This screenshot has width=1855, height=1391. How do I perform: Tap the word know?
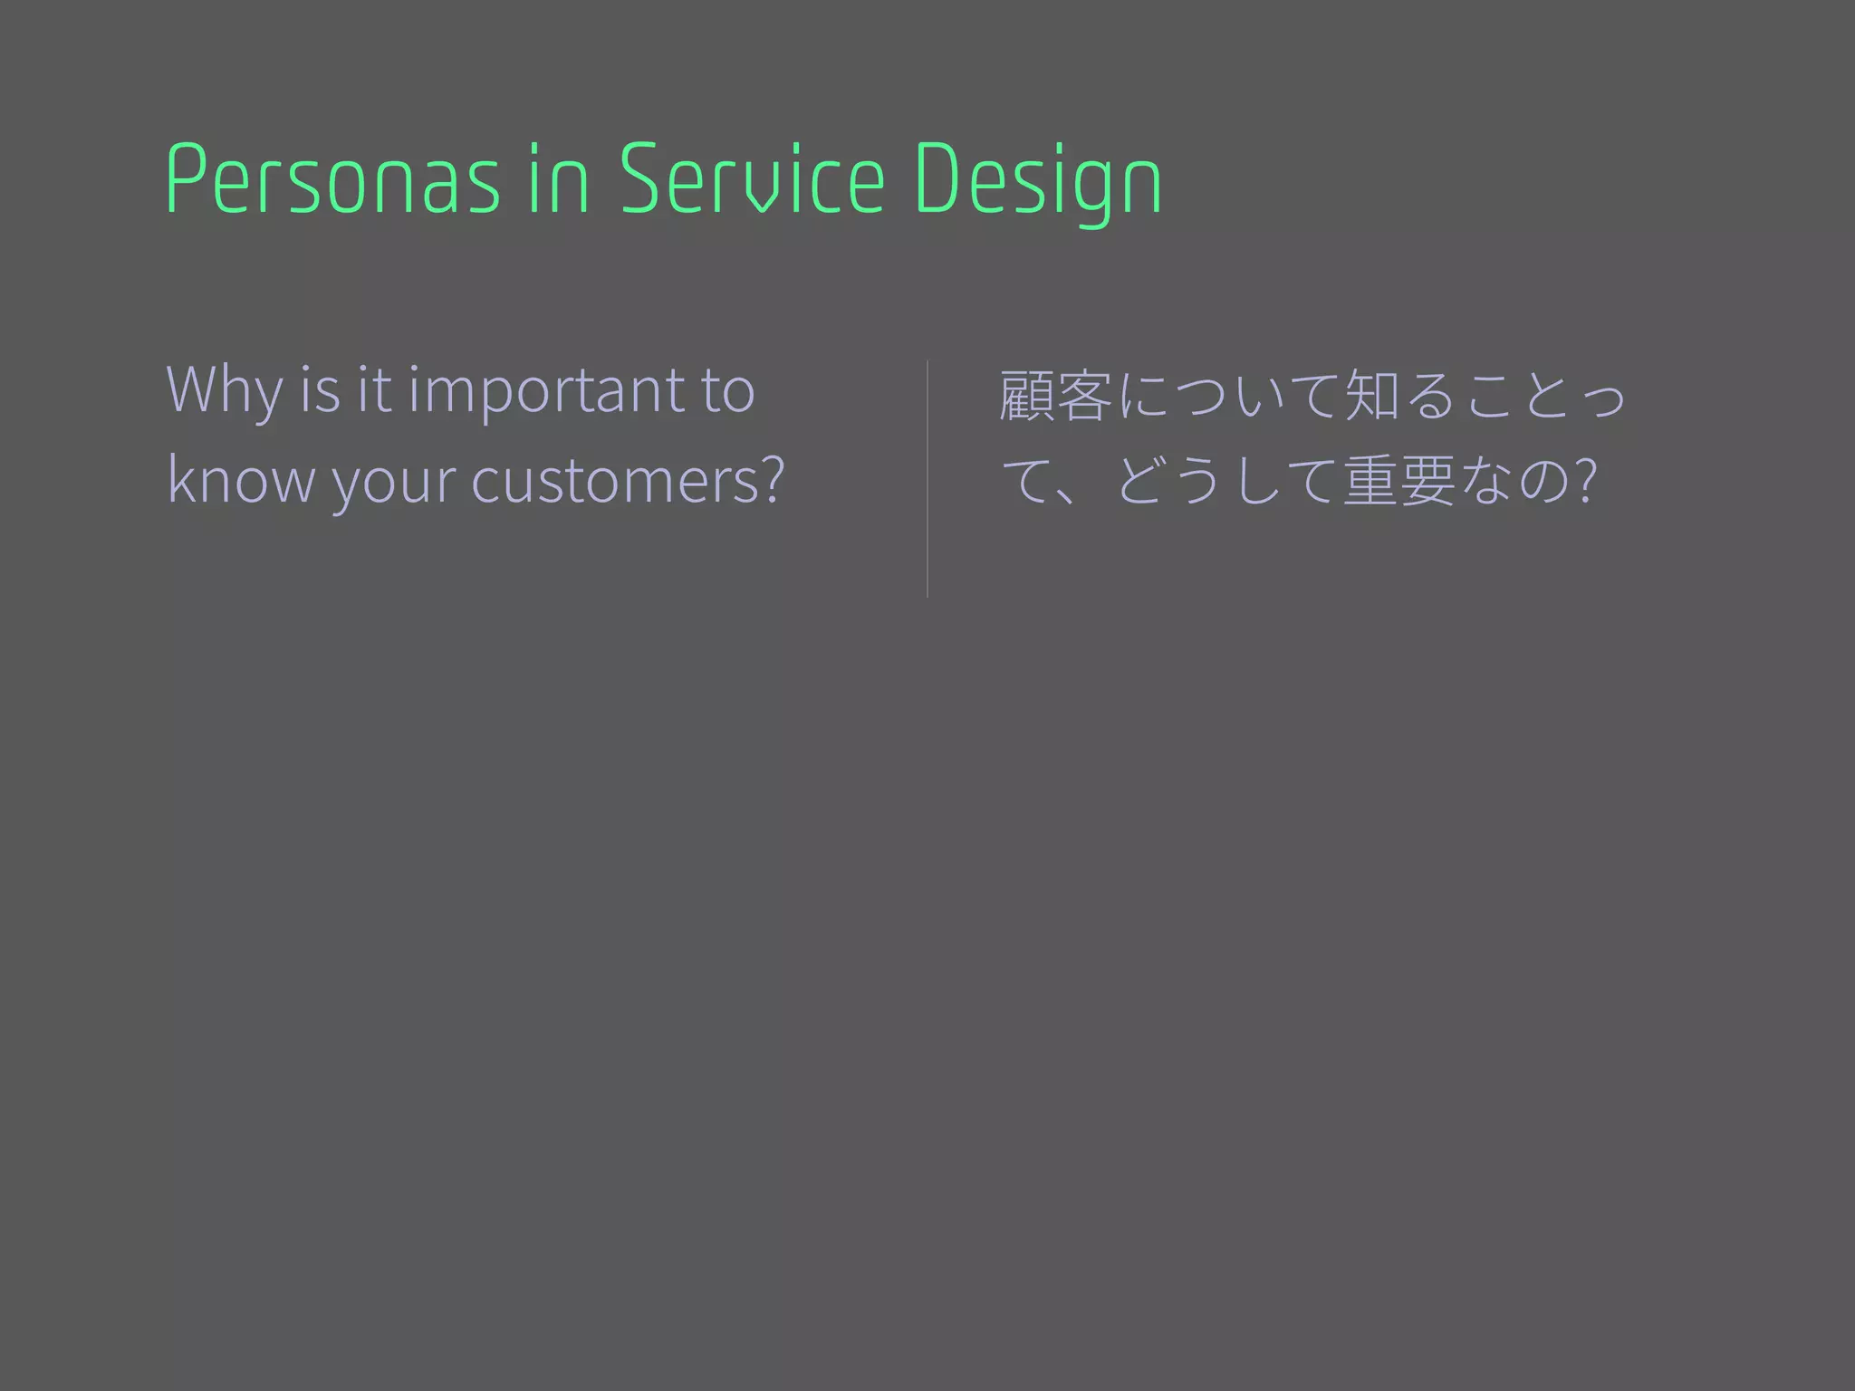(x=240, y=480)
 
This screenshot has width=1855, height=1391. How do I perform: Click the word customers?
(x=615, y=480)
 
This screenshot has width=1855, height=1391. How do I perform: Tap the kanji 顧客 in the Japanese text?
(x=1055, y=396)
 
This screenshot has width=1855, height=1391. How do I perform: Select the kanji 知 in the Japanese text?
(x=1372, y=396)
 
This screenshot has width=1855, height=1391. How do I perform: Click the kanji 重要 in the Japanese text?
(x=1399, y=480)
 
